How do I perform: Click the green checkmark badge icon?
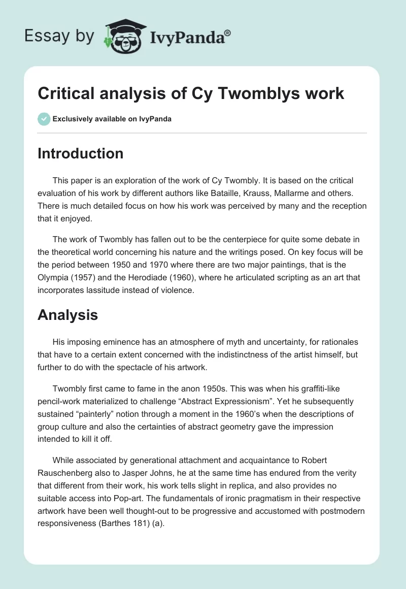click(x=44, y=119)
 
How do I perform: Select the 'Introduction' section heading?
click(x=80, y=153)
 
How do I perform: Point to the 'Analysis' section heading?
click(x=67, y=315)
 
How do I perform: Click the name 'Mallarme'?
click(x=306, y=193)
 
